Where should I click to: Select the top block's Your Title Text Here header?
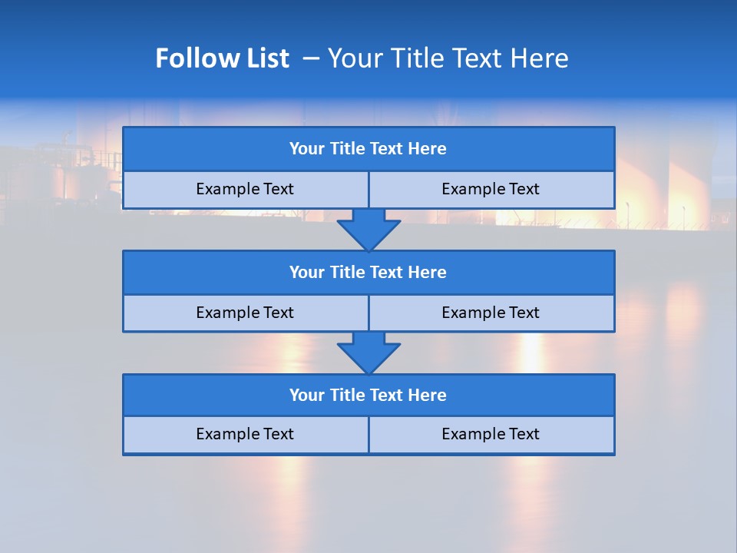point(368,149)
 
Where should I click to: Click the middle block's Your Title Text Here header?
point(368,272)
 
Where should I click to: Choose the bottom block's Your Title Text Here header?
point(368,395)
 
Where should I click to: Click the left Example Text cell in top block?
point(245,189)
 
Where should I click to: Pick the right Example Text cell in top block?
point(491,189)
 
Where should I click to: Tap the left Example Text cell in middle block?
point(245,313)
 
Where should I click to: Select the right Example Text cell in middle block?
point(491,313)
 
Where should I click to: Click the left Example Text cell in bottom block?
point(245,434)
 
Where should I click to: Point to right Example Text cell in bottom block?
point(491,434)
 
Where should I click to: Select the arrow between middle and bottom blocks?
point(368,353)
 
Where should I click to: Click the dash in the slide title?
point(312,58)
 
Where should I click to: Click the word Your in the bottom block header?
point(306,395)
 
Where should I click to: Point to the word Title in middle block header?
point(347,272)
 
